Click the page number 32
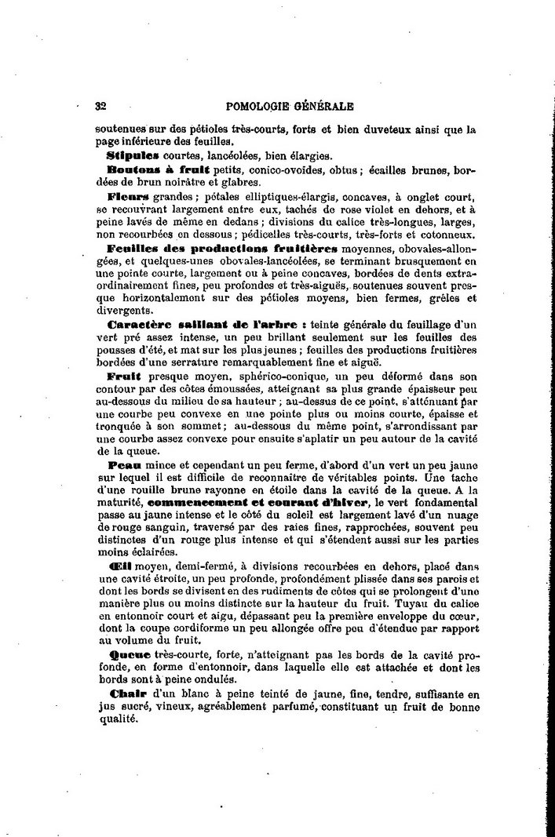click(x=100, y=106)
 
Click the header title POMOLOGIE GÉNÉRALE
click(x=288, y=106)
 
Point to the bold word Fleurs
click(x=128, y=195)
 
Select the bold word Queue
click(x=124, y=655)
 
